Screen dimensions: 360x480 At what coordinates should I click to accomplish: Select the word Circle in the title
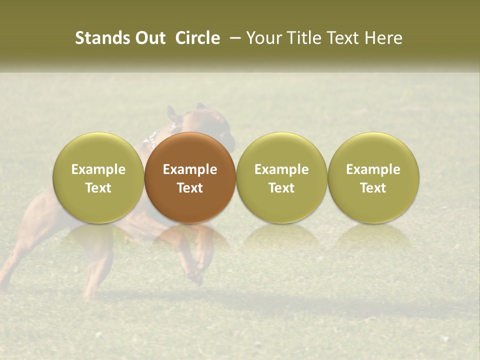coord(197,38)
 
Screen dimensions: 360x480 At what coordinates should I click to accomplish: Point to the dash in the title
coord(233,38)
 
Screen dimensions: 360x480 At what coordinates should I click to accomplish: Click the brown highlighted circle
coord(190,178)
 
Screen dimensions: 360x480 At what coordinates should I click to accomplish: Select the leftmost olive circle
coord(98,178)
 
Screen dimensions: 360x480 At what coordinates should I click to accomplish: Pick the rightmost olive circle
coord(373,178)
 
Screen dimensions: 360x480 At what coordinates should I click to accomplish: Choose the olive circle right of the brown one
coord(281,178)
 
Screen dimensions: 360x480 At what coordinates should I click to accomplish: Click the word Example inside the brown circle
coord(190,169)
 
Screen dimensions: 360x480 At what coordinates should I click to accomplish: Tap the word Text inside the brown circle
coord(190,188)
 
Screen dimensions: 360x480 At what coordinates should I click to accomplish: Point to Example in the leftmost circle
coord(98,169)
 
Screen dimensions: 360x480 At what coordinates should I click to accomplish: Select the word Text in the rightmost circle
coord(373,188)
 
